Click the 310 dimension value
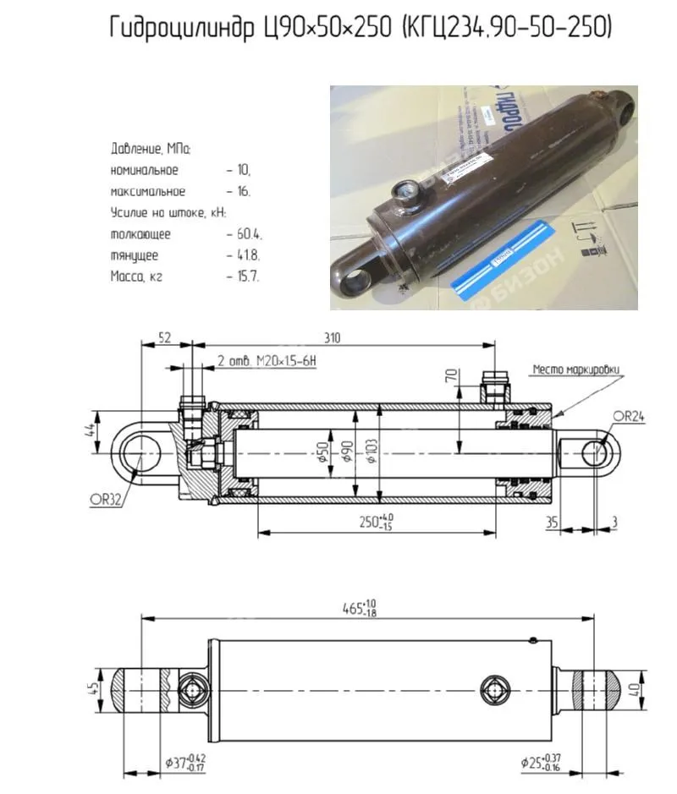pyautogui.click(x=333, y=337)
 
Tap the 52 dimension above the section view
pyautogui.click(x=163, y=337)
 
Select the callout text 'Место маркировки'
pyautogui.click(x=575, y=370)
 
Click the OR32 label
pyautogui.click(x=106, y=499)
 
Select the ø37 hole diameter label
pyautogui.click(x=184, y=764)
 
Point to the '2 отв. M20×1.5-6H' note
pyautogui.click(x=266, y=362)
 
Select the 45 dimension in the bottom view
pyautogui.click(x=91, y=688)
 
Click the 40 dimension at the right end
pyautogui.click(x=637, y=689)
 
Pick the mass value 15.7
pyautogui.click(x=248, y=277)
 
